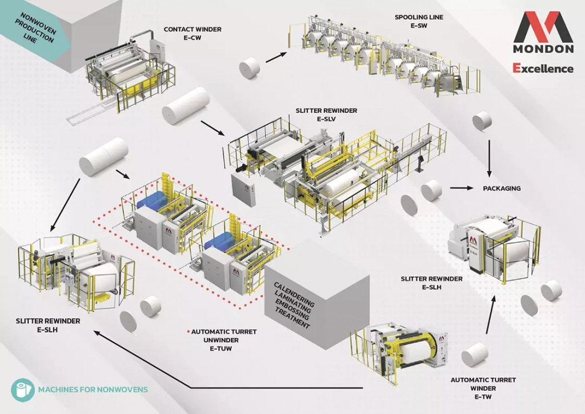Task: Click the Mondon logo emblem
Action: (x=543, y=26)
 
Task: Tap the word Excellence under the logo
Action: (x=543, y=69)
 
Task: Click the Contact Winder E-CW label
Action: (x=185, y=33)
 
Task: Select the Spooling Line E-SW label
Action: (x=419, y=21)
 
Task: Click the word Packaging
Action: (x=502, y=188)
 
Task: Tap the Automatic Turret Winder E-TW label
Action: (x=483, y=384)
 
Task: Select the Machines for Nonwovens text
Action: (x=93, y=390)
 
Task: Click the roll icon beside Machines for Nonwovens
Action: (x=21, y=390)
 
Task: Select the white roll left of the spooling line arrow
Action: (x=250, y=68)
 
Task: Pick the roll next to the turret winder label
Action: (x=475, y=355)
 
